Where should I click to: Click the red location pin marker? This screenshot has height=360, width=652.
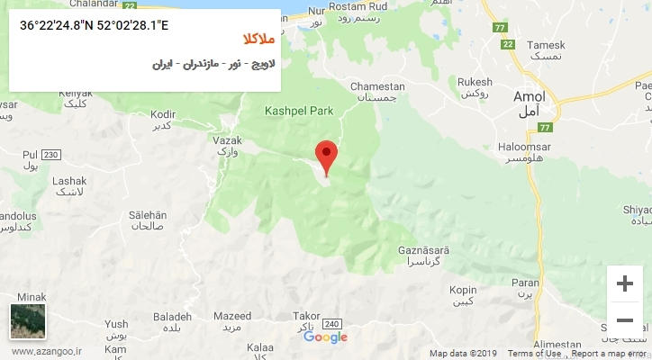click(x=326, y=155)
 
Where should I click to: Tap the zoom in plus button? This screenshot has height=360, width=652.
click(x=624, y=283)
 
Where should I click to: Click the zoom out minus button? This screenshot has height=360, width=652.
click(x=624, y=319)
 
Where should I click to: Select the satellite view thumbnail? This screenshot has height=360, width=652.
click(x=28, y=321)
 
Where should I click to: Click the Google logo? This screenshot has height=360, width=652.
click(x=325, y=337)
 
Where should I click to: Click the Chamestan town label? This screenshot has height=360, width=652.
click(x=377, y=86)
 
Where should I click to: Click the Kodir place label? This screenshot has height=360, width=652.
click(x=163, y=114)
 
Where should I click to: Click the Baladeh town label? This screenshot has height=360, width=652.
click(x=172, y=317)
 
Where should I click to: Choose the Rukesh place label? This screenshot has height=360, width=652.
click(x=475, y=80)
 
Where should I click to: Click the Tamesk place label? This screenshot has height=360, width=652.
click(x=546, y=45)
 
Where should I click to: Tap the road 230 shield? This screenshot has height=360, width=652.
click(x=50, y=155)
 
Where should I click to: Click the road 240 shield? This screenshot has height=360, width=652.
click(x=331, y=324)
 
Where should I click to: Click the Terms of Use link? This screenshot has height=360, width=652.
click(x=533, y=354)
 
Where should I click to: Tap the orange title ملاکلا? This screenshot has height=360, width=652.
click(x=260, y=40)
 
